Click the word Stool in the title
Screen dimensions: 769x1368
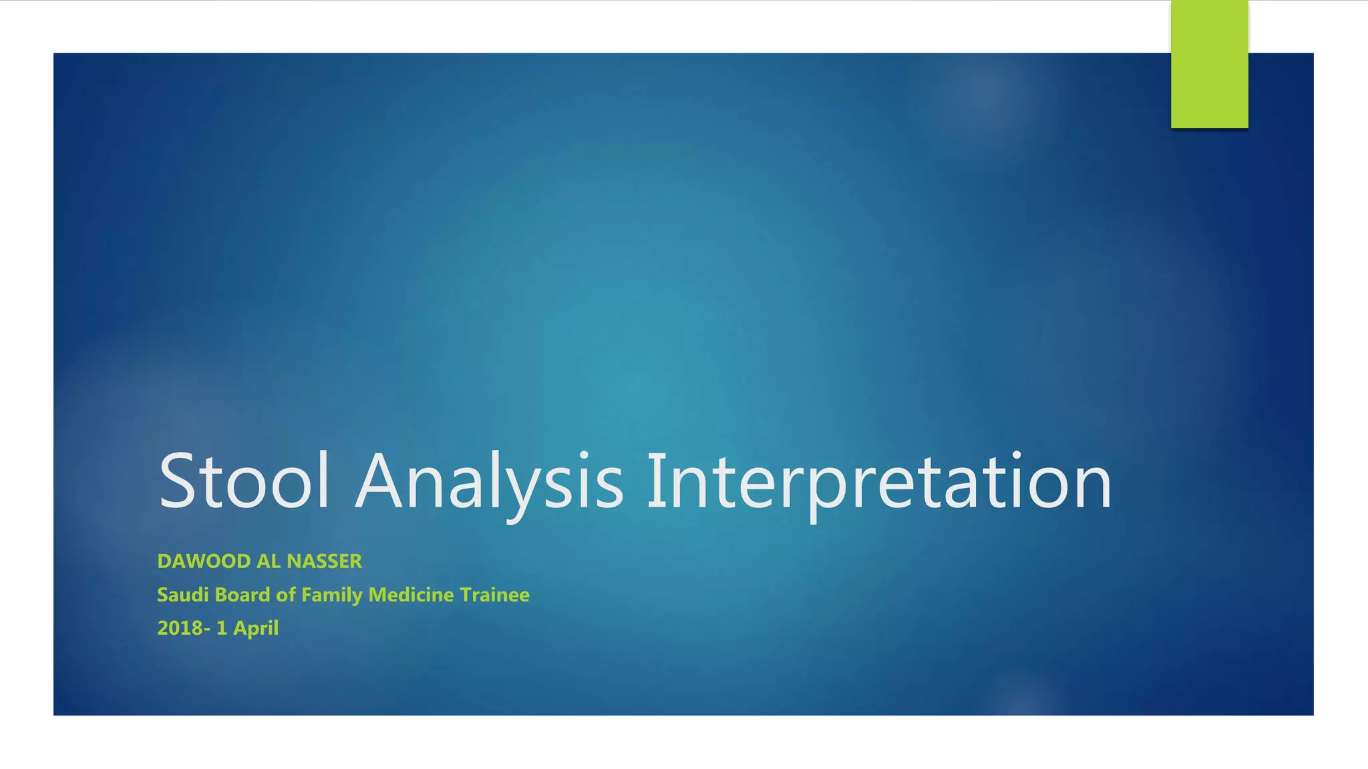[244, 481]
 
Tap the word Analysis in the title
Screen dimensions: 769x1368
[490, 481]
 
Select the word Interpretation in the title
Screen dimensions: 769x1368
[879, 481]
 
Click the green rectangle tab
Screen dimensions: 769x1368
[1209, 64]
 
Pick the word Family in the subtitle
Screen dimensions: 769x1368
[332, 595]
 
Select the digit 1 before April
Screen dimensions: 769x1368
[222, 628]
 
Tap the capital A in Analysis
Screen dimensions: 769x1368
[379, 481]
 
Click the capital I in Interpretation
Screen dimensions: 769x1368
[656, 481]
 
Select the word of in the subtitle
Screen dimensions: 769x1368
[286, 595]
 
